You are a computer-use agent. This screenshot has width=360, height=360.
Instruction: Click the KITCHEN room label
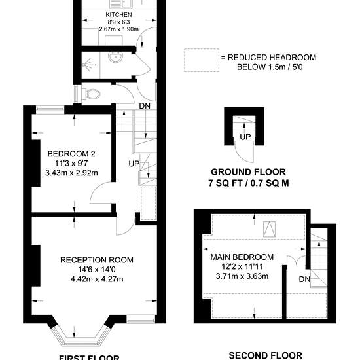[x=118, y=15]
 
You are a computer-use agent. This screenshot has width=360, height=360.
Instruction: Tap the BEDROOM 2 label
[x=71, y=154]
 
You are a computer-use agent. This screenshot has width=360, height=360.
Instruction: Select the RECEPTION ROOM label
[x=97, y=260]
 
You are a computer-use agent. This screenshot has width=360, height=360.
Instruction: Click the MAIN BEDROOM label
[x=242, y=257]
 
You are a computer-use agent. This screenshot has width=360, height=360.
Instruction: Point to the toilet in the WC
[x=91, y=94]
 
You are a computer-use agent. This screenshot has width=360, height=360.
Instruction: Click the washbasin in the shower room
[x=115, y=57]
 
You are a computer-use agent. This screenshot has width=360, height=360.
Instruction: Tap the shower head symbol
[x=90, y=65]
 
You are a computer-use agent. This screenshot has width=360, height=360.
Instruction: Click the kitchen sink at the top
[x=120, y=4]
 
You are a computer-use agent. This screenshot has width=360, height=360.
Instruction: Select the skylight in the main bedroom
[x=269, y=229]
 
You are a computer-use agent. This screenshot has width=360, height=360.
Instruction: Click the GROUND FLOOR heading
[x=248, y=172]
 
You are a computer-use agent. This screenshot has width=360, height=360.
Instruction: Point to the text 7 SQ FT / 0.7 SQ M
[x=249, y=183]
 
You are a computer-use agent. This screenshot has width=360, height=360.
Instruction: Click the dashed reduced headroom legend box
[x=202, y=60]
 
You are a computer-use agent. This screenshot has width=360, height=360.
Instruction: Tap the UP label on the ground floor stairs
[x=245, y=137]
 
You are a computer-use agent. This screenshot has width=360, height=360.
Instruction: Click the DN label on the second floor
[x=304, y=279]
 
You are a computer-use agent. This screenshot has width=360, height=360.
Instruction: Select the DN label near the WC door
[x=145, y=106]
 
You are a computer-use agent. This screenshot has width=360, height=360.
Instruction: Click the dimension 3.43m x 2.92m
[x=71, y=173]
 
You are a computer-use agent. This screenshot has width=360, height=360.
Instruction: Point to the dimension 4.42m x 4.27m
[x=97, y=279]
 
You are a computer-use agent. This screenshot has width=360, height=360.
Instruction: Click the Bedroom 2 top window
[x=50, y=110]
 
